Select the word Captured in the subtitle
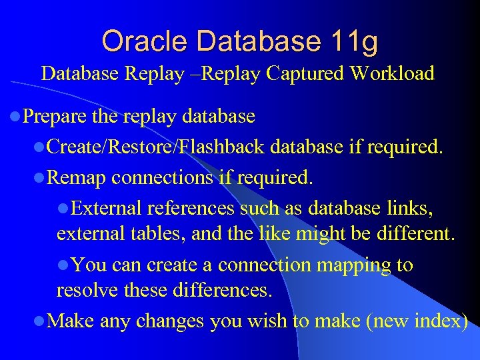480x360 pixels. pos(307,73)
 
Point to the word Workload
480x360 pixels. pos(393,73)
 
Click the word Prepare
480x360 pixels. pos(55,117)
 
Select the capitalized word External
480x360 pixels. pos(106,209)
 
